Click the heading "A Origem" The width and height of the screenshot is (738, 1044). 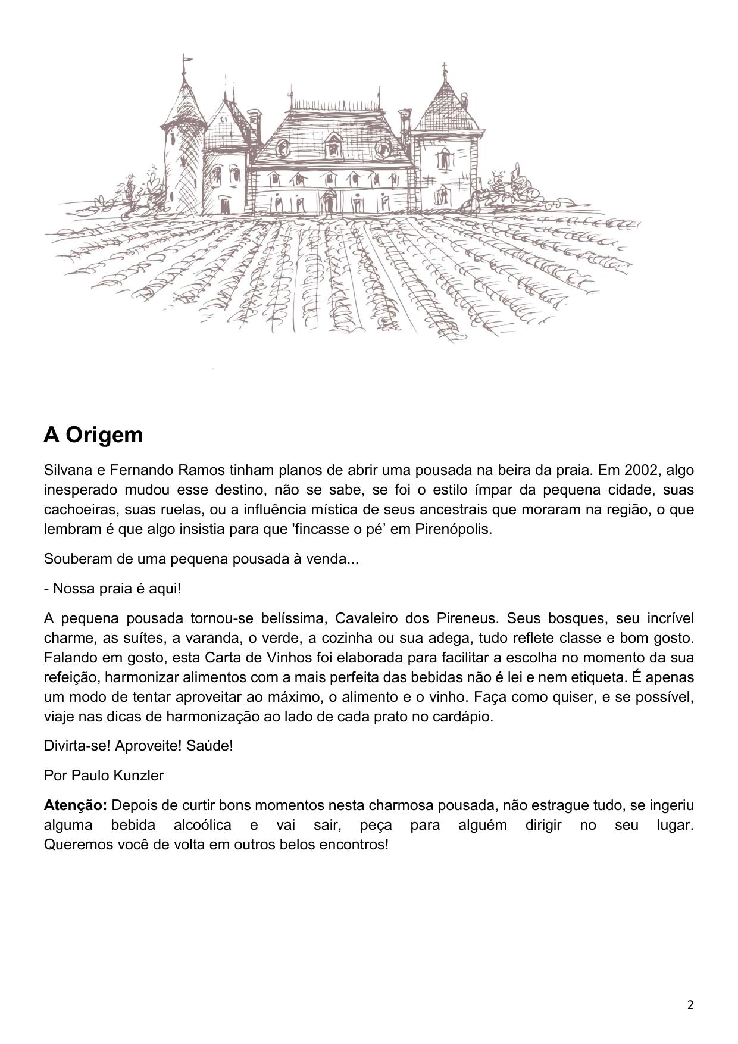(x=93, y=435)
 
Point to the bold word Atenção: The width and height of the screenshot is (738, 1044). (x=76, y=805)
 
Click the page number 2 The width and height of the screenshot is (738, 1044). (x=690, y=1005)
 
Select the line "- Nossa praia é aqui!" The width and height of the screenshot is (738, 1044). (x=112, y=589)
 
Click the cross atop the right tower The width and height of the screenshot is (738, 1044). (x=444, y=67)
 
